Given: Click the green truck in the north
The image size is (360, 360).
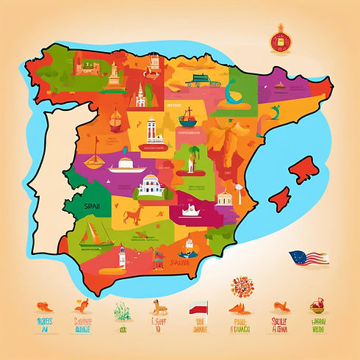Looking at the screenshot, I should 199,78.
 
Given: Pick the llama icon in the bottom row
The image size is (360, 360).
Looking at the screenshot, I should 156,308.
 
